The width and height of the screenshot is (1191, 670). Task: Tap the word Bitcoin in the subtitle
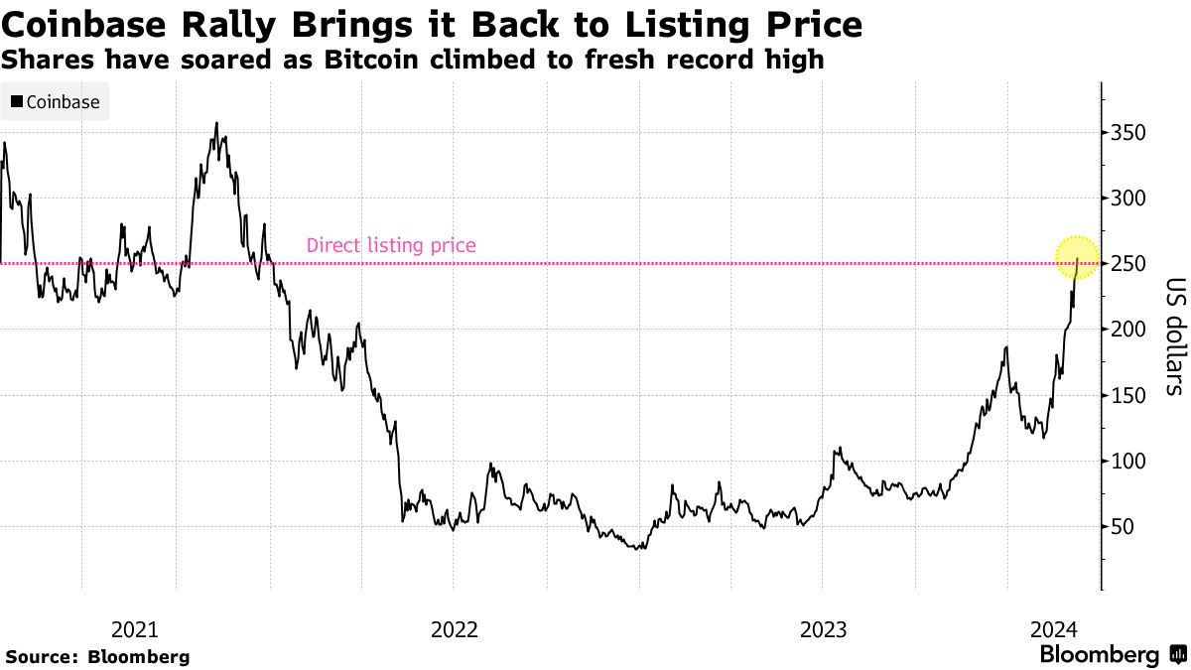click(x=381, y=60)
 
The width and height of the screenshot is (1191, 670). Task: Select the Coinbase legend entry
click(x=56, y=102)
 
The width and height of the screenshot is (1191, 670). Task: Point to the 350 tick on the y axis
click(x=1127, y=133)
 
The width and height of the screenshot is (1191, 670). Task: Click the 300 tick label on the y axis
click(x=1127, y=199)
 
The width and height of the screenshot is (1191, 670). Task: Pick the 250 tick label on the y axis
click(x=1127, y=264)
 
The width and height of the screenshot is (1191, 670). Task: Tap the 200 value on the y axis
click(x=1127, y=330)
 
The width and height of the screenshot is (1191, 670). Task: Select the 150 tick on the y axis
click(x=1127, y=395)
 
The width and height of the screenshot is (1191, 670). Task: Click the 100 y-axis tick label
click(x=1127, y=461)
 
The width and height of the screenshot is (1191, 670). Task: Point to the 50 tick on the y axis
click(x=1122, y=527)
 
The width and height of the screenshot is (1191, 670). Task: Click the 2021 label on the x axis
click(x=134, y=629)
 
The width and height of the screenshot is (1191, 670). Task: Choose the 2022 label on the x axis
click(x=455, y=629)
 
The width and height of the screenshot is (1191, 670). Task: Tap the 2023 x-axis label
click(x=822, y=629)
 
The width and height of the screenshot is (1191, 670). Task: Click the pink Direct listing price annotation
click(x=391, y=245)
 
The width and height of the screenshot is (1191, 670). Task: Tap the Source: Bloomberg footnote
click(x=97, y=656)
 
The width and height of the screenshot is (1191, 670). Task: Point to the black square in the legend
click(x=17, y=102)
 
